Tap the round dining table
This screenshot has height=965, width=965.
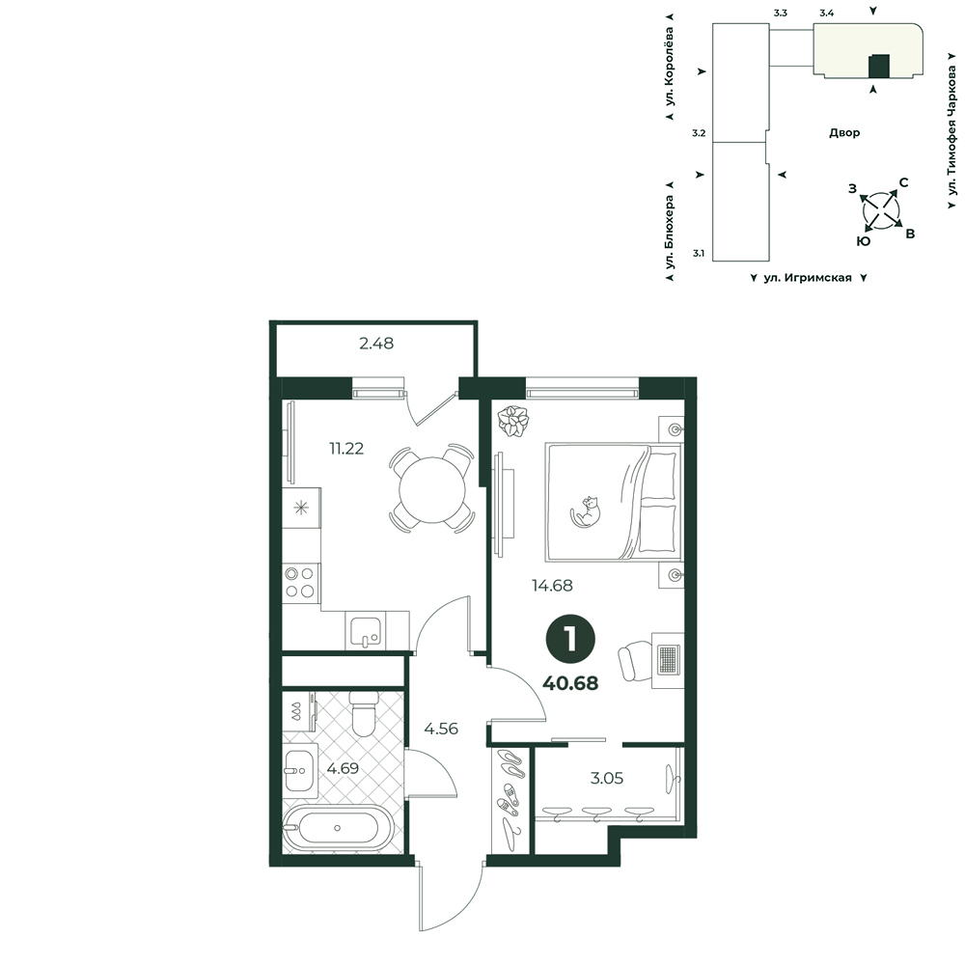(x=432, y=490)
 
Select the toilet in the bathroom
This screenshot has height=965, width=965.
(x=363, y=714)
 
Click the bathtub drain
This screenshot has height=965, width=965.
(x=337, y=828)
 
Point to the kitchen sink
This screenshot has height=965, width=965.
(x=366, y=631)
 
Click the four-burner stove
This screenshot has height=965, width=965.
(x=300, y=582)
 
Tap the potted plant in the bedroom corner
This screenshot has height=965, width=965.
(x=513, y=422)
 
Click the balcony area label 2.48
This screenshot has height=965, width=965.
(x=376, y=344)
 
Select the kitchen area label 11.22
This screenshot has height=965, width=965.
(x=346, y=449)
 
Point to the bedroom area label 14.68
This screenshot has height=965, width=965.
(x=552, y=586)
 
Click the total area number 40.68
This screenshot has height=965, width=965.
(x=570, y=682)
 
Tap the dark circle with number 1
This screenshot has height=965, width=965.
(x=570, y=640)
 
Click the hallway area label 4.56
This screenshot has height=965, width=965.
(x=441, y=729)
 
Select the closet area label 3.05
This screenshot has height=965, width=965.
(x=607, y=778)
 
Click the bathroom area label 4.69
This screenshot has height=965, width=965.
(x=343, y=768)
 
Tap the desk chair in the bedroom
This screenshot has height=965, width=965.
(x=635, y=661)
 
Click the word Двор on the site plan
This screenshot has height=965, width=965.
(x=844, y=132)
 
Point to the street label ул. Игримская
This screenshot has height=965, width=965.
(x=808, y=278)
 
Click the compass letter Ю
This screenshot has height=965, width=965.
(x=864, y=241)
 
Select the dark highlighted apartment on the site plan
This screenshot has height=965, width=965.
(x=878, y=67)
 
